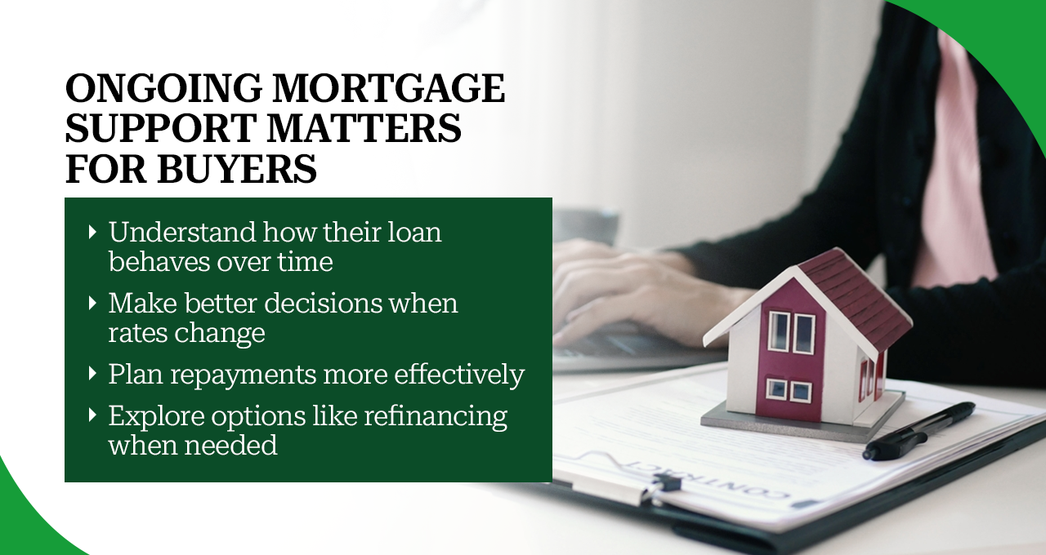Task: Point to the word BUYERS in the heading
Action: [235, 168]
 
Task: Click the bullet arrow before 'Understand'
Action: [92, 233]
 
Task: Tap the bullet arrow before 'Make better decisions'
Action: [92, 304]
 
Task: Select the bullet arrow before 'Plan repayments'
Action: [92, 375]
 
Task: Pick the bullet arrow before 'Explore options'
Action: [92, 415]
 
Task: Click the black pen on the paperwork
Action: [919, 430]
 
